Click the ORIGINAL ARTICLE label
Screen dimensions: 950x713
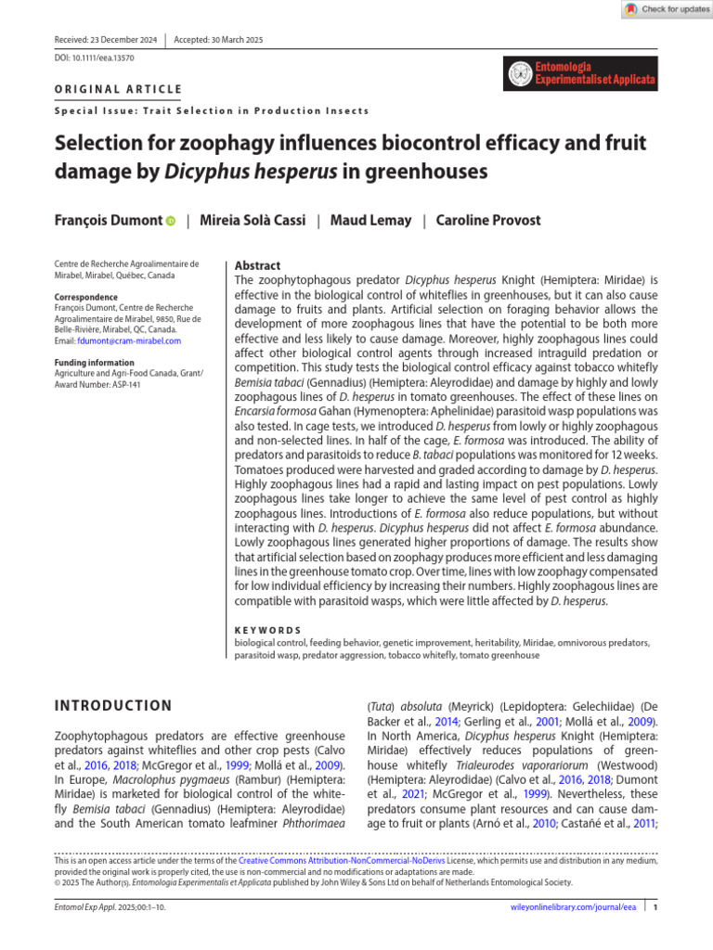(119, 90)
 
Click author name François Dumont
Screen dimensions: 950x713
(108, 221)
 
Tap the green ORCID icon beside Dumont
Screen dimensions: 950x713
(171, 222)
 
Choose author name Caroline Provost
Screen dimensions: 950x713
(489, 221)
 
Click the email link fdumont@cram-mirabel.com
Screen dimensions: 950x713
(134, 341)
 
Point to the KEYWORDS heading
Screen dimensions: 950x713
(267, 630)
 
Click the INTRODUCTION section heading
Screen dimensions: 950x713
(113, 706)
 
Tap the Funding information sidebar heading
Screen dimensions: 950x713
(94, 363)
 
